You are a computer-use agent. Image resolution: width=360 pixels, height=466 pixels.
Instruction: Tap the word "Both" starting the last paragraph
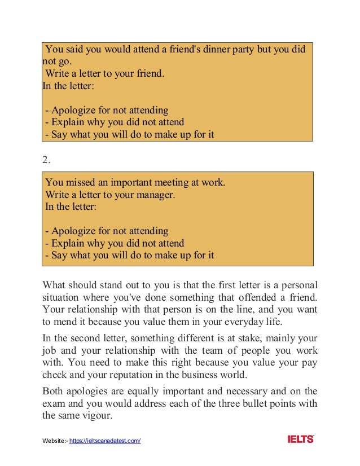(x=53, y=390)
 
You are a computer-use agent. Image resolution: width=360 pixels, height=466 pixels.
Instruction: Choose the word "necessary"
(x=231, y=390)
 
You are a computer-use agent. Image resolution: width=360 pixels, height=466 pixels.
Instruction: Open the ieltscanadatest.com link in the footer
(x=104, y=441)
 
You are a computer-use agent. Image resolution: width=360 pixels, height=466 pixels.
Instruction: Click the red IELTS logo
(x=300, y=439)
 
